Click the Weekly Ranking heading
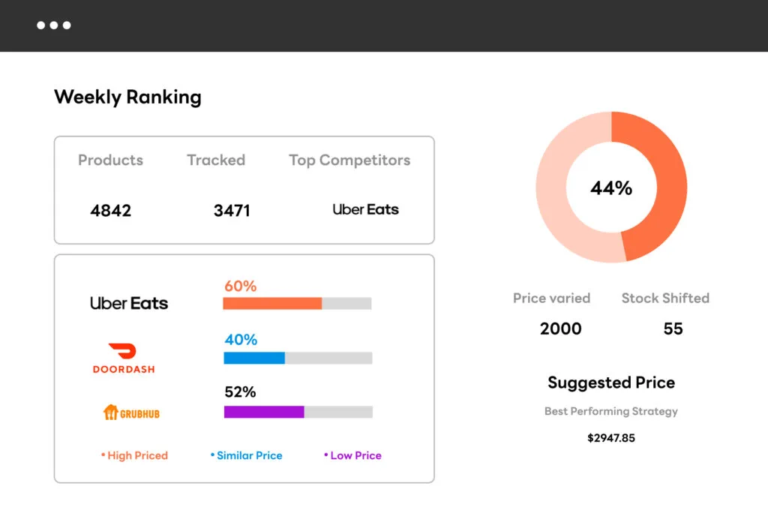(127, 97)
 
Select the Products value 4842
(110, 211)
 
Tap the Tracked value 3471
(232, 211)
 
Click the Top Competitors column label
(349, 160)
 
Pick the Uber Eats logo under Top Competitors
(365, 210)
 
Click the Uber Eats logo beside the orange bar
(129, 304)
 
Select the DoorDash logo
(124, 358)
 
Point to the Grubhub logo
(131, 412)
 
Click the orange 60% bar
(272, 304)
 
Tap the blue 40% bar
(254, 358)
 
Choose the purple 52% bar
(264, 412)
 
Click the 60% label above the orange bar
(240, 286)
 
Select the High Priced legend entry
(135, 455)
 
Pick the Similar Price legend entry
(247, 455)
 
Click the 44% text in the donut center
(611, 188)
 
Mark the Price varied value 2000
(560, 328)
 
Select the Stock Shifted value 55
(673, 328)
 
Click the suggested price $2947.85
(611, 437)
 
